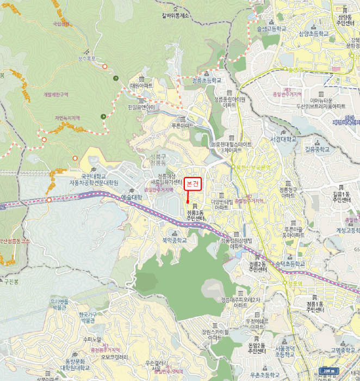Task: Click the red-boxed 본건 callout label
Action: [x=193, y=184]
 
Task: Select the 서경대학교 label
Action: [x=284, y=139]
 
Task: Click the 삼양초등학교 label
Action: [x=314, y=33]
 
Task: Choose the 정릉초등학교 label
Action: [x=207, y=80]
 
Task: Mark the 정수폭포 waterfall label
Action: [x=86, y=58]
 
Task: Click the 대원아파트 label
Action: [x=141, y=86]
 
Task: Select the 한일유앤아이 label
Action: [x=141, y=107]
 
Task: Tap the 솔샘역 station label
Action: [x=295, y=70]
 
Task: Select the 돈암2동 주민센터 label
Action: [x=257, y=348]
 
